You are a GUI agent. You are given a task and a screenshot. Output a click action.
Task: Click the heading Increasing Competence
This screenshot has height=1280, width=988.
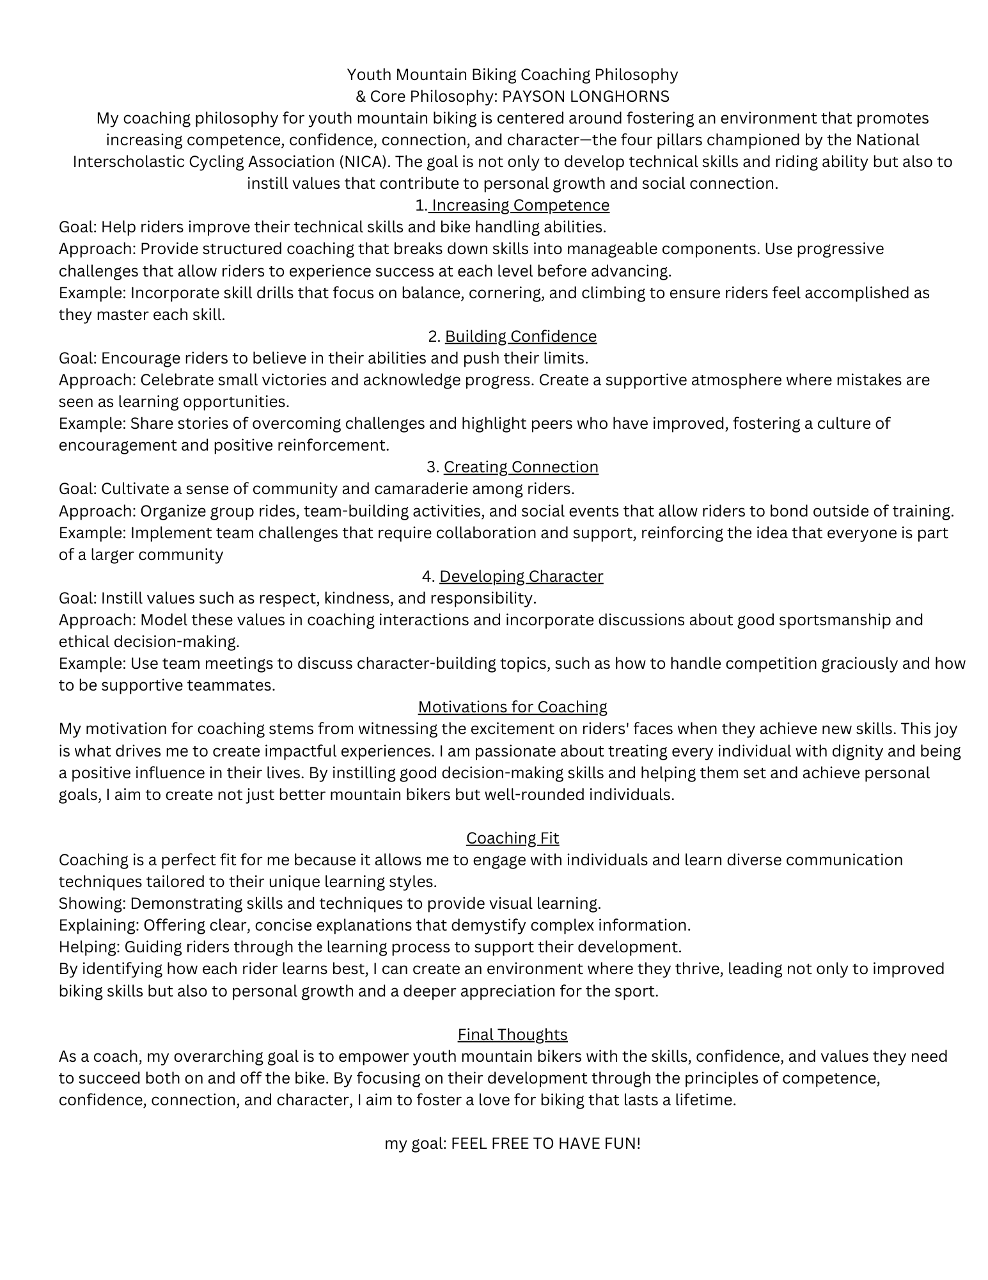(521, 205)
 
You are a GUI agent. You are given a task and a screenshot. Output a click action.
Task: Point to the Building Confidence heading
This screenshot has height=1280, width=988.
(521, 337)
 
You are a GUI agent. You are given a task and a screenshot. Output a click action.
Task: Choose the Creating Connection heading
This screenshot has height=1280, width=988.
(521, 467)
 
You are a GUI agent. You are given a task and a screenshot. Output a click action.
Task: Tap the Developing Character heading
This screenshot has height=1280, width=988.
(521, 577)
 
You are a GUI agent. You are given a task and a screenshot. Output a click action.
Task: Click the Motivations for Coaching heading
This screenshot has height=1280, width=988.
(512, 707)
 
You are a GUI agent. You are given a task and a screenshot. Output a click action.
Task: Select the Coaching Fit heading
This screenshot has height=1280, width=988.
(512, 838)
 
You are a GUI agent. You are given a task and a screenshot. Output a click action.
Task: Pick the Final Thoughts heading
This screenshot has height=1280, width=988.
(512, 1035)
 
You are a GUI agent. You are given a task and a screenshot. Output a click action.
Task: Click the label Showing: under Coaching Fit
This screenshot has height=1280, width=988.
(92, 904)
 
